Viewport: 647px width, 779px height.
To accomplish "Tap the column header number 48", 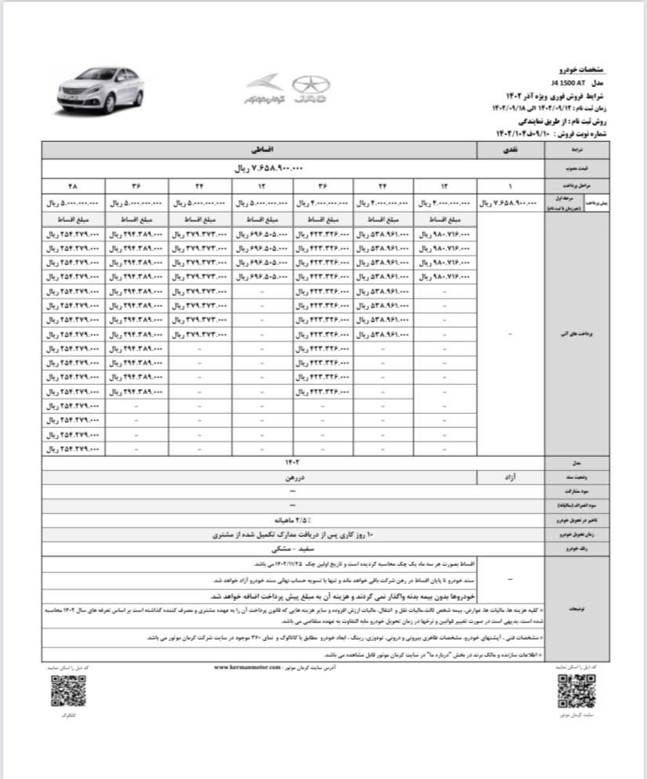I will tap(73, 186).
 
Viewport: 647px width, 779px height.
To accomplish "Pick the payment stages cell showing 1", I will tap(510, 186).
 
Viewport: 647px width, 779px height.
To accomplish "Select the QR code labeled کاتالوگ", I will tap(67, 692).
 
